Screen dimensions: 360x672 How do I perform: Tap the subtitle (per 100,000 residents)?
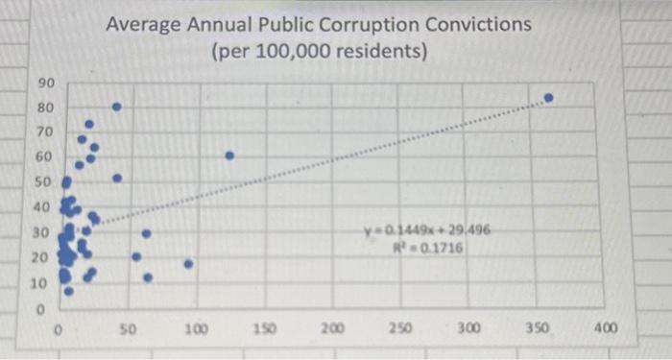pyautogui.click(x=319, y=50)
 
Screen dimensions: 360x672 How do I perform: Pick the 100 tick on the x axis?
pyautogui.click(x=197, y=328)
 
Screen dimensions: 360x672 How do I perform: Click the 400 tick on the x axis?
pyautogui.click(x=606, y=328)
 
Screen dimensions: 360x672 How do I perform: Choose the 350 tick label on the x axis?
pyautogui.click(x=538, y=328)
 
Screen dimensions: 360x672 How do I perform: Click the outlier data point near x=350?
pyautogui.click(x=548, y=98)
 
